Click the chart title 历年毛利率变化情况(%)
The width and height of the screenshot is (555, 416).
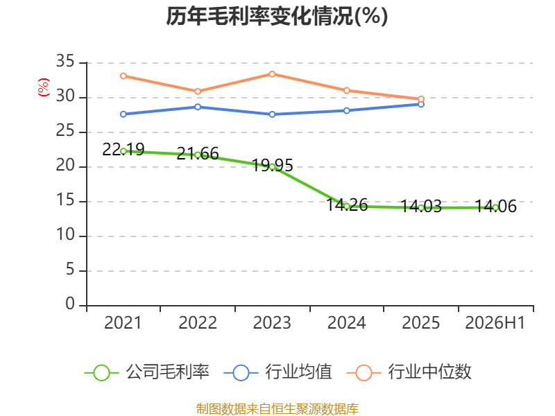277,16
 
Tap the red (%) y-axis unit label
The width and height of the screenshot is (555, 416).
44,87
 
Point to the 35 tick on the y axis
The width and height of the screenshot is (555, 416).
65,62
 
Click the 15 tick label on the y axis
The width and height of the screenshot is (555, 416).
65,200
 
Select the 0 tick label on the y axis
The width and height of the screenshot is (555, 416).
70,304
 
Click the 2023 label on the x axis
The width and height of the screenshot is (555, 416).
272,322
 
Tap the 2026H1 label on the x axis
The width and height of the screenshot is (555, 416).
495,322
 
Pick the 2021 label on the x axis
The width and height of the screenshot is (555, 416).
123,322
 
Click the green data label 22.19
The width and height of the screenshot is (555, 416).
123,150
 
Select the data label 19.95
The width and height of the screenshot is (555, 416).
272,165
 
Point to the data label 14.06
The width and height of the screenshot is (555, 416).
495,206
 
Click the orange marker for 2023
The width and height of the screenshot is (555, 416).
272,74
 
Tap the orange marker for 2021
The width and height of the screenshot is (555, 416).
123,76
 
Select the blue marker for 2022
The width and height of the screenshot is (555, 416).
198,107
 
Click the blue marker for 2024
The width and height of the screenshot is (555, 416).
347,111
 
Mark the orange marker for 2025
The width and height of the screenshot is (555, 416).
421,99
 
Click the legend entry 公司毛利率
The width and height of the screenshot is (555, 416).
147,372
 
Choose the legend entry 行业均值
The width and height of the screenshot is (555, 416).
278,372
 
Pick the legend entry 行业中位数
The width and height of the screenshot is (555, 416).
409,372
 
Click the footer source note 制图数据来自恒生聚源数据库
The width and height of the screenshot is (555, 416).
277,409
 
